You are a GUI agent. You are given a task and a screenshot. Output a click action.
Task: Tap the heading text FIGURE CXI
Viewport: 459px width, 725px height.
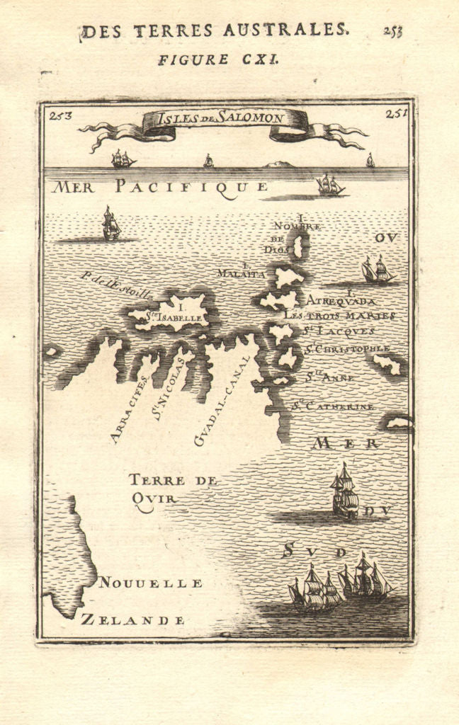point(218,59)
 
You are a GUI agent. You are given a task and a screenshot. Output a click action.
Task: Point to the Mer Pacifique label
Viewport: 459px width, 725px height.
point(161,187)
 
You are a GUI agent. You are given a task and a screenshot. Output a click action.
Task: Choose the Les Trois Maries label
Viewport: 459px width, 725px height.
point(339,315)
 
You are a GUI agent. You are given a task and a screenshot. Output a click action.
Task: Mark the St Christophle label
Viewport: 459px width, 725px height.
point(347,349)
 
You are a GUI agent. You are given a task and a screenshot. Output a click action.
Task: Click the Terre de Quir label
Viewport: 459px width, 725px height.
point(163,489)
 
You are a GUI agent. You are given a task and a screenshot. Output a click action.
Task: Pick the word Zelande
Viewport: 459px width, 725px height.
point(133,620)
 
